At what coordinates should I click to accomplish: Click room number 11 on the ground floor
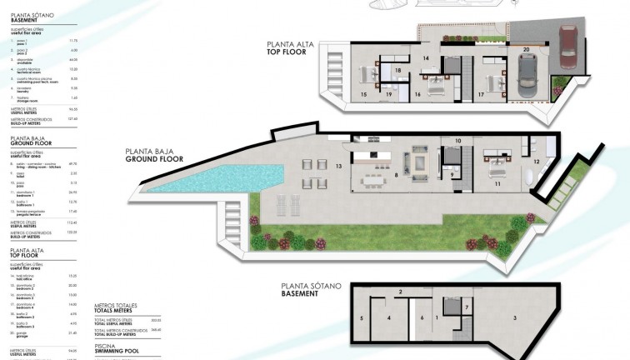[497, 182]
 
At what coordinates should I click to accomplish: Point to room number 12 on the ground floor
[537, 160]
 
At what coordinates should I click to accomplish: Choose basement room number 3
[515, 317]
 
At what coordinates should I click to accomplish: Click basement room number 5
[361, 317]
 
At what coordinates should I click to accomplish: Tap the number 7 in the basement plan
[467, 307]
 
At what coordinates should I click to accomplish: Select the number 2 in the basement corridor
[401, 292]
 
